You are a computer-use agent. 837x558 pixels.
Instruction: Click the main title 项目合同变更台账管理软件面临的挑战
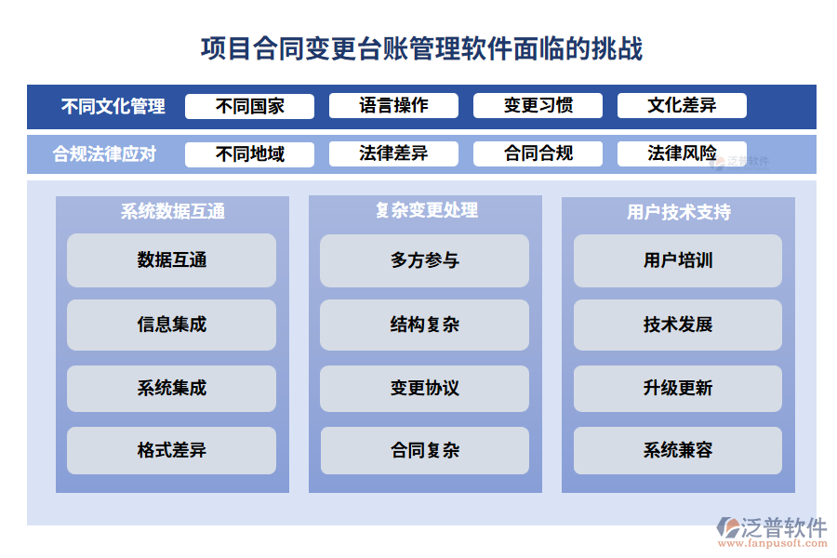coord(421,48)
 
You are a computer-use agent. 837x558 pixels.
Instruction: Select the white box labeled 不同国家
coord(249,106)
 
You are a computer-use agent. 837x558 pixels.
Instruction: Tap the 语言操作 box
coord(393,106)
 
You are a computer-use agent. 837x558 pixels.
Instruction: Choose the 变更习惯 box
coord(538,106)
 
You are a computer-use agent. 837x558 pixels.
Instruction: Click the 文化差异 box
coord(682,106)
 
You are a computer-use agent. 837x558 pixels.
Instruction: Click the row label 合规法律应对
coord(104,154)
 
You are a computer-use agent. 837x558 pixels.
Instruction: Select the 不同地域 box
coord(249,154)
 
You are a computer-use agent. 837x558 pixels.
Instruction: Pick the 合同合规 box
coord(538,154)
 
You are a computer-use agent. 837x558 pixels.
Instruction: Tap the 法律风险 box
coord(682,154)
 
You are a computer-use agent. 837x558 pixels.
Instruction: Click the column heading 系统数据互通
coord(172,212)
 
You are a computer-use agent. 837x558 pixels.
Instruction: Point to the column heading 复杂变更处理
coord(425,211)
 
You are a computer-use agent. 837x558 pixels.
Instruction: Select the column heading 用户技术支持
coord(678,212)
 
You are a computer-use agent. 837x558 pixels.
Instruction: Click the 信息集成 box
coord(171,325)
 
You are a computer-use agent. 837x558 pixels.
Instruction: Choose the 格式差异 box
coord(171,451)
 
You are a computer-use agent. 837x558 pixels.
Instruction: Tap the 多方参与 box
coord(424,260)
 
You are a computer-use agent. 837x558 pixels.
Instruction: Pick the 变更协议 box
coord(424,388)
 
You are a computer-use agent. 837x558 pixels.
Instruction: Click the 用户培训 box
coord(677,260)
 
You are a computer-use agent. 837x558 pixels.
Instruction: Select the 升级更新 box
coord(677,388)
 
